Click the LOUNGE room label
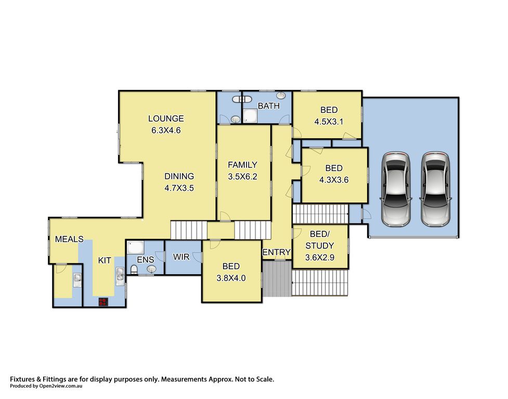[166, 118]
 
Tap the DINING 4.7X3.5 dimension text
[179, 188]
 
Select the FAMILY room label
[242, 165]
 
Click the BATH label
[269, 106]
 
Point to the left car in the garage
[396, 189]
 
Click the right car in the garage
[435, 189]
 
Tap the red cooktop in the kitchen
[103, 302]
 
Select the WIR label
[181, 257]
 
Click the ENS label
[146, 260]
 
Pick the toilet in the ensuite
[134, 269]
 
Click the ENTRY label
[276, 252]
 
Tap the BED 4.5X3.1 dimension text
[329, 122]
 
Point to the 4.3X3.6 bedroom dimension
[334, 180]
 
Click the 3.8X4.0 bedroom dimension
[231, 278]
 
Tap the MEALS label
[69, 239]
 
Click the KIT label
[105, 260]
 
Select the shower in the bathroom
[250, 116]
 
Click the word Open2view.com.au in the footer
[61, 385]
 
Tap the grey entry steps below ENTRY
[277, 278]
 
